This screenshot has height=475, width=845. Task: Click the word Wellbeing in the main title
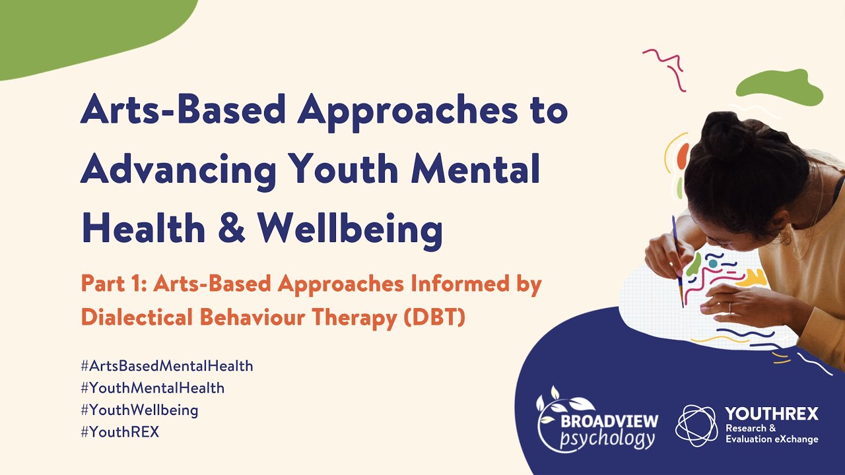coord(349,228)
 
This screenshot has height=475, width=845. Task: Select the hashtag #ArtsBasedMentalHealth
coord(166,365)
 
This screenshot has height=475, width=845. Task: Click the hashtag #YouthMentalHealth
coord(152,388)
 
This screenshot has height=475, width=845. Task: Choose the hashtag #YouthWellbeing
coord(139,410)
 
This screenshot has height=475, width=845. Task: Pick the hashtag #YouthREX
coord(120,433)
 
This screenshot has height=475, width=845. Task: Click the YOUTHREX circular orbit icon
coord(696,426)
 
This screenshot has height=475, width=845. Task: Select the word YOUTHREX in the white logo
coord(771,414)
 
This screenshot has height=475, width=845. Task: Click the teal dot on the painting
coord(713,264)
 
